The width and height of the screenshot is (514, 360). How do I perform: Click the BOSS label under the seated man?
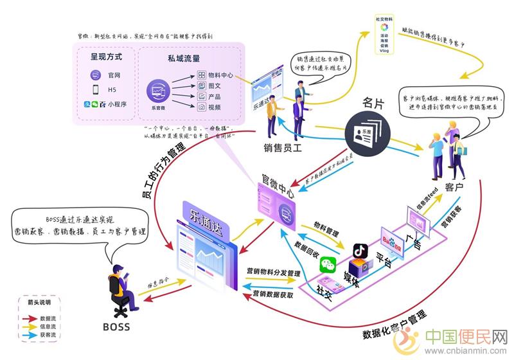(x=116, y=327)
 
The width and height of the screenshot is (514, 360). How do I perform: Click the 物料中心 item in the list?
(x=220, y=75)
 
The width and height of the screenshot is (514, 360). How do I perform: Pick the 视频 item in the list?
(x=215, y=107)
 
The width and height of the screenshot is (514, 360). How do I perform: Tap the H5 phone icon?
(x=94, y=89)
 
